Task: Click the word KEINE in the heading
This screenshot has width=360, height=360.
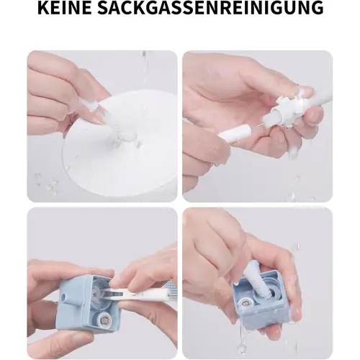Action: pos(64,8)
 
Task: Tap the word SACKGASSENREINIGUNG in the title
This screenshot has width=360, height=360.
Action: pos(210,8)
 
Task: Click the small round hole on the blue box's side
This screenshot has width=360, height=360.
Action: pos(64,298)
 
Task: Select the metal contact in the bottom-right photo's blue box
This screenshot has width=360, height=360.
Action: pos(246,304)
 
